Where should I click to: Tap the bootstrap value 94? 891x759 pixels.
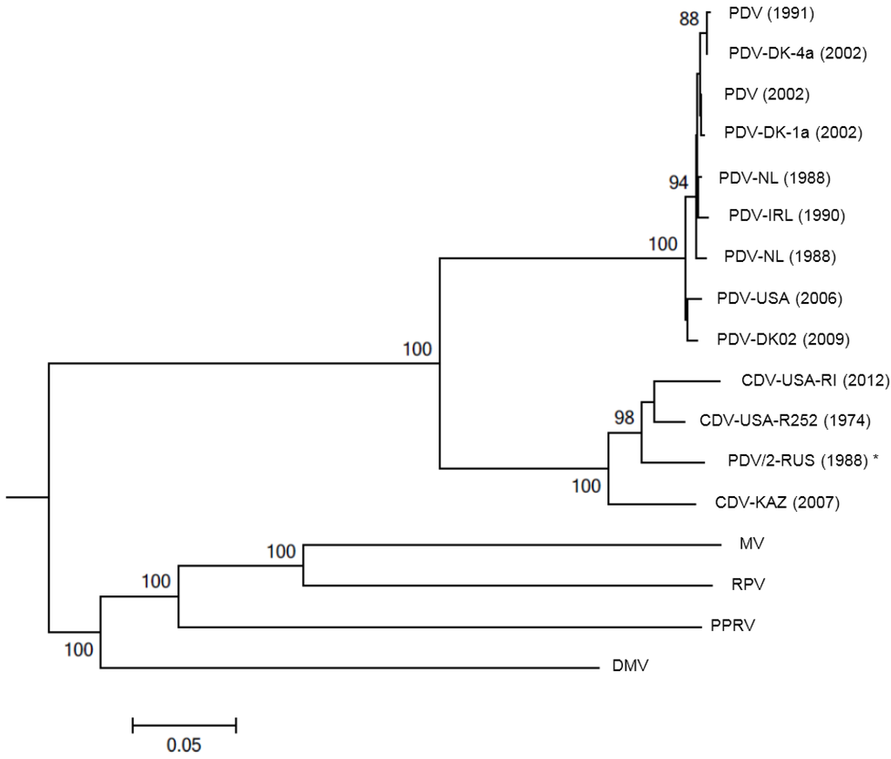pyautogui.click(x=679, y=182)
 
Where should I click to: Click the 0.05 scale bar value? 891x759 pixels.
pyautogui.click(x=184, y=744)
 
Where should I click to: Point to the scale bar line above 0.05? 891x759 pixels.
pyautogui.click(x=184, y=723)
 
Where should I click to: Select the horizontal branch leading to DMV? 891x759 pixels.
pyautogui.click(x=348, y=668)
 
